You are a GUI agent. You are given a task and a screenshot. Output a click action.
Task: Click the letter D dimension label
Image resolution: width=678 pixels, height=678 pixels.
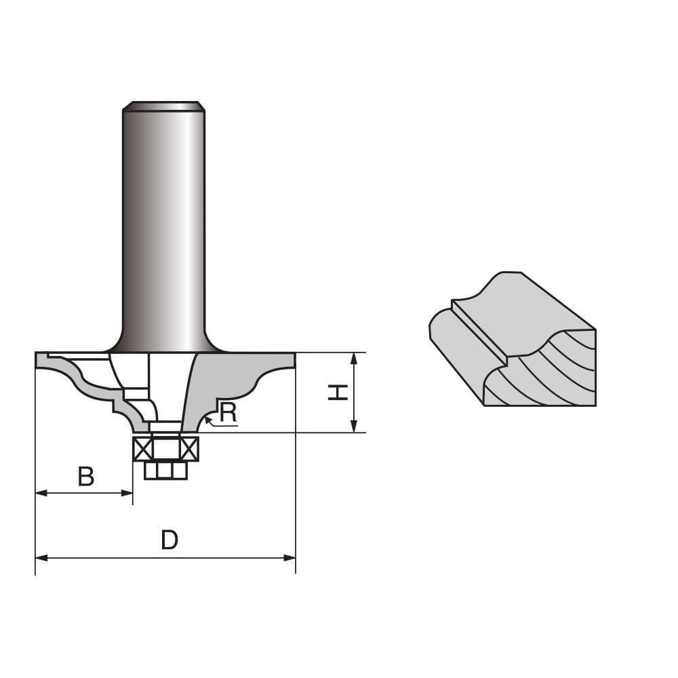click(x=169, y=540)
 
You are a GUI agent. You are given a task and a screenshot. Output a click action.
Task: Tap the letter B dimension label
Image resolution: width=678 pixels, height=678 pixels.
click(x=85, y=477)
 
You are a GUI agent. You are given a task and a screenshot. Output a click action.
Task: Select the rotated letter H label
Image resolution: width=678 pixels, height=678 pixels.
click(x=338, y=392)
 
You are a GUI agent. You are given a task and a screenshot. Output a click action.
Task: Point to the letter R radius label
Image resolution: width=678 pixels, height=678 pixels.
click(x=228, y=412)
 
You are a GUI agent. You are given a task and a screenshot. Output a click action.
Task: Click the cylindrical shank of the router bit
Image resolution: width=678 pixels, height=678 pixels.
click(x=163, y=224)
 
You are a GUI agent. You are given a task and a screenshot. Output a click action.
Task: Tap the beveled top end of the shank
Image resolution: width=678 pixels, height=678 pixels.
click(x=163, y=106)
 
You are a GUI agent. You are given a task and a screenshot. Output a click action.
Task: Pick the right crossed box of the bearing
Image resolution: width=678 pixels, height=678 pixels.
click(x=189, y=449)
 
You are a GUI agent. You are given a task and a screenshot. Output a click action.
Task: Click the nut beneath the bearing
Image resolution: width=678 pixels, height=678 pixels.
click(x=165, y=470)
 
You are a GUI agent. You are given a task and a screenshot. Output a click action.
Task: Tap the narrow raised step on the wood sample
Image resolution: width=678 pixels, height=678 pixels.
click(x=478, y=330)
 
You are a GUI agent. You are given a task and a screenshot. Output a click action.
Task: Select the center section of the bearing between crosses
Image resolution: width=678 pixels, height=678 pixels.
click(x=165, y=449)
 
